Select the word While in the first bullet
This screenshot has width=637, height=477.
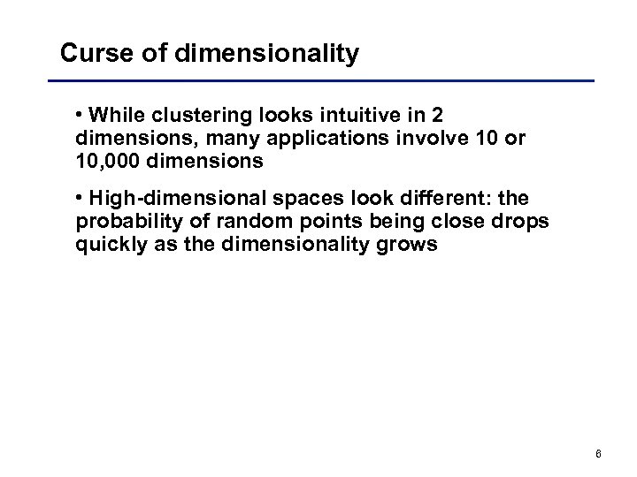click(121, 117)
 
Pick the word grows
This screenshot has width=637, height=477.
click(411, 246)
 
